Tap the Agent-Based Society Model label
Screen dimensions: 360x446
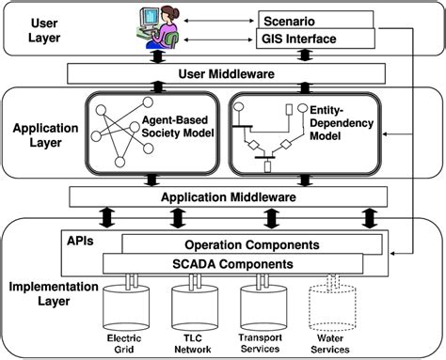pos(180,127)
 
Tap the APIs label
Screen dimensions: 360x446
pos(80,239)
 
